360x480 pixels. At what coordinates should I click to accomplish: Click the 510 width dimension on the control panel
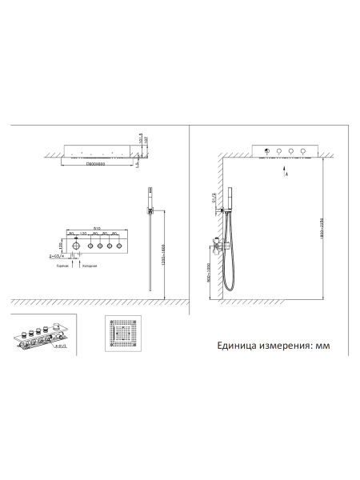pos(95,227)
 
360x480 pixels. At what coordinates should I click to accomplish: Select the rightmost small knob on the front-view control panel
pos(118,248)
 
